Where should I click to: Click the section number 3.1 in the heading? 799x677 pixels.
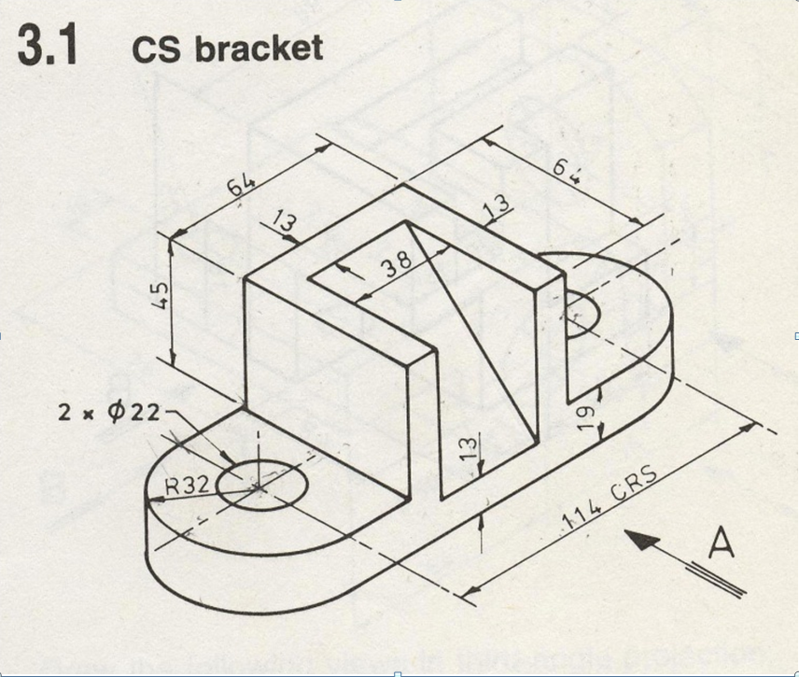tap(46, 48)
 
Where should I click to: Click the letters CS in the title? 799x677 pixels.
tap(156, 48)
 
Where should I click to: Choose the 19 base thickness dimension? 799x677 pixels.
tap(584, 416)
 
